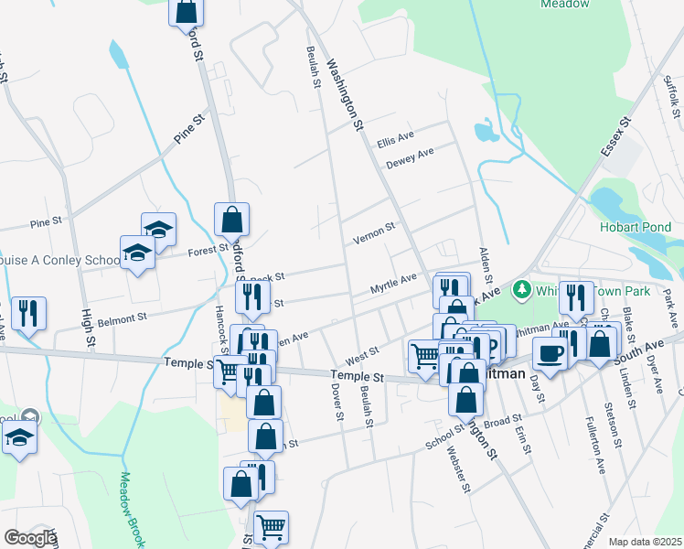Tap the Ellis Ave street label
click(396, 136)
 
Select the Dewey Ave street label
click(409, 157)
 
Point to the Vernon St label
click(374, 232)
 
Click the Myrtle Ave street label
click(393, 284)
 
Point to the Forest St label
click(208, 249)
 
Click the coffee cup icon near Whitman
click(549, 353)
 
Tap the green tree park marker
click(521, 289)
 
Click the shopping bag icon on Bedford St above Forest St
click(232, 219)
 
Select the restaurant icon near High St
click(28, 313)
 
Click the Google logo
click(29, 538)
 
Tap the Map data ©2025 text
click(645, 542)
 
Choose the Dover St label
click(337, 401)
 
